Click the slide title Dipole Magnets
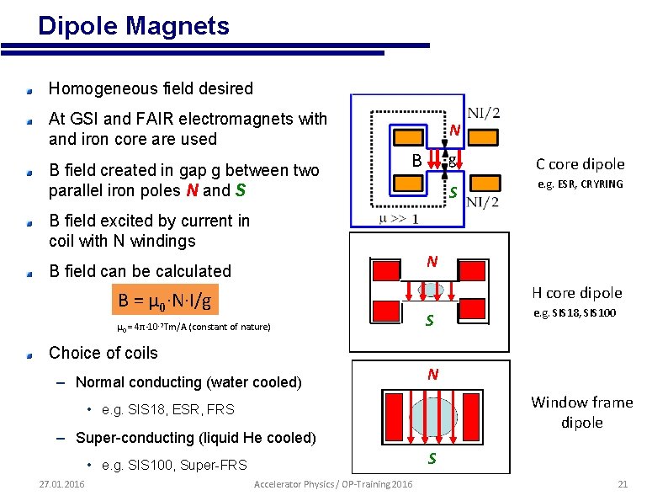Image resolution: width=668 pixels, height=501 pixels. (134, 26)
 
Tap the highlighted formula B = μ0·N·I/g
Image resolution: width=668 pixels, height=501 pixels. (164, 300)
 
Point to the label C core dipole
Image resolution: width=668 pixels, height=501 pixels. (581, 164)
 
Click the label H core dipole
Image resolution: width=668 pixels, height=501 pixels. (577, 293)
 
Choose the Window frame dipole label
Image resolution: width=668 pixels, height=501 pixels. (581, 412)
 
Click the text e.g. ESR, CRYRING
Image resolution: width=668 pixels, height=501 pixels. (581, 184)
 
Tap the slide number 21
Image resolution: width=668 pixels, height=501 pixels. (623, 484)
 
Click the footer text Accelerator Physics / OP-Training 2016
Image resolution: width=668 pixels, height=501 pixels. (333, 484)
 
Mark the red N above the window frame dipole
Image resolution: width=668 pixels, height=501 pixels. (432, 375)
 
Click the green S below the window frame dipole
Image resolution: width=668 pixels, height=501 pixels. (432, 459)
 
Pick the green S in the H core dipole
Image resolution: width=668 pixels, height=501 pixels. (430, 321)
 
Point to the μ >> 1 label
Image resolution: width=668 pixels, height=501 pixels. (400, 218)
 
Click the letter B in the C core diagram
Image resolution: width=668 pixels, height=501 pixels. (416, 161)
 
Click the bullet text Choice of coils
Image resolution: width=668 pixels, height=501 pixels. (103, 353)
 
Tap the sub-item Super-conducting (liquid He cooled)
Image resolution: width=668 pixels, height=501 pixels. (196, 438)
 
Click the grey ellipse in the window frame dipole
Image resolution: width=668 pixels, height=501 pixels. (432, 417)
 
